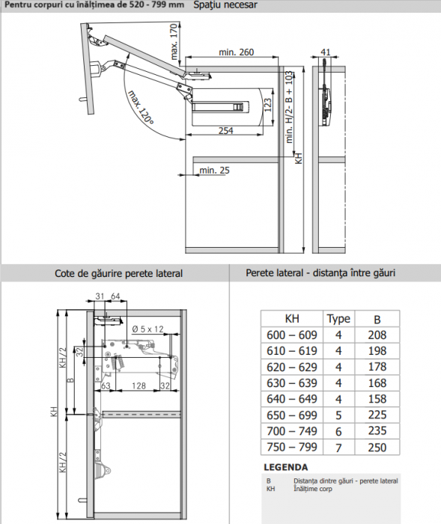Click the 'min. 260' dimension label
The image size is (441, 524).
click(236, 52)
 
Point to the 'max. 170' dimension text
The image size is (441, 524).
click(174, 42)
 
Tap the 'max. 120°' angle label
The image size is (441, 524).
click(141, 108)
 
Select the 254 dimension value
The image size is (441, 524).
click(225, 130)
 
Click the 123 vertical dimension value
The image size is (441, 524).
click(268, 106)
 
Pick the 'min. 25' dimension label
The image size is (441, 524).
click(214, 171)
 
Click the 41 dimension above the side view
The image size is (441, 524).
click(325, 52)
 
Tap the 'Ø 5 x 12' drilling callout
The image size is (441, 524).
click(147, 329)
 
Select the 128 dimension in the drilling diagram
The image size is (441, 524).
click(139, 386)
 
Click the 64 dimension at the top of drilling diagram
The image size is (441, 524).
click(115, 296)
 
